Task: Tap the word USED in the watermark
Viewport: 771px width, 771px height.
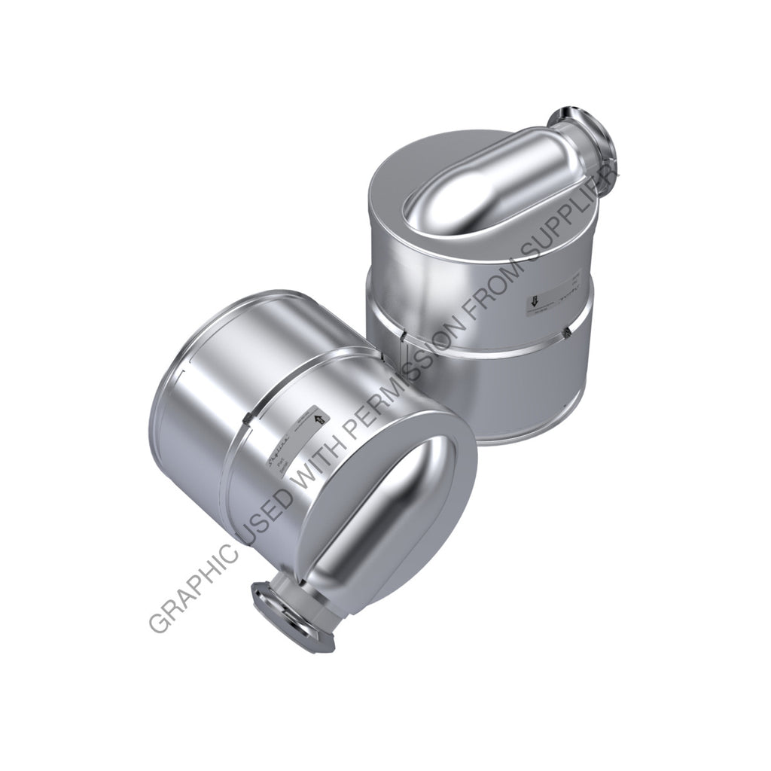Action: click(267, 517)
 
